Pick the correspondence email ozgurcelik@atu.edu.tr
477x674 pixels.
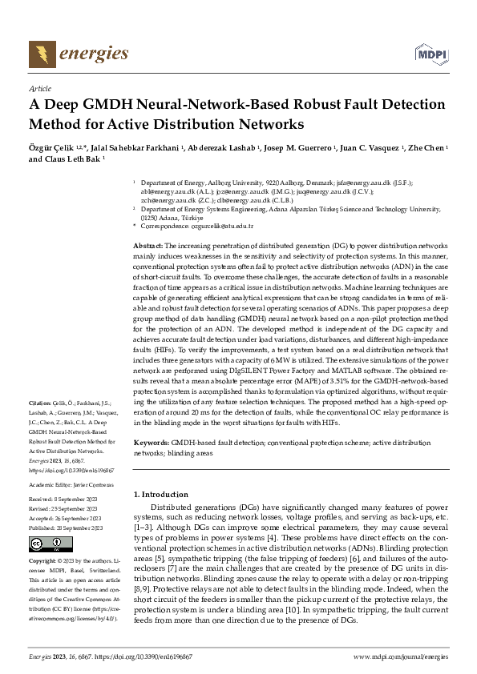(x=220, y=226)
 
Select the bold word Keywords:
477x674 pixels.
(x=152, y=442)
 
